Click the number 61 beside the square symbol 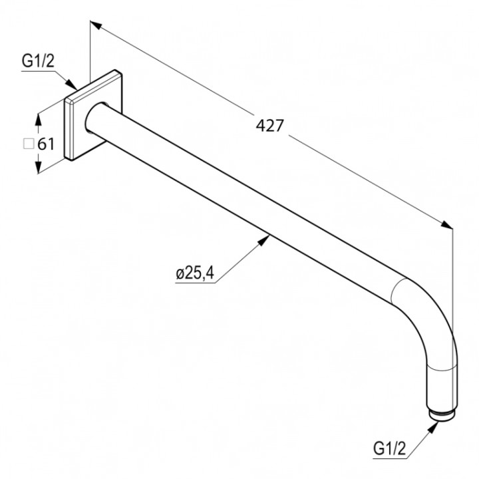pyautogui.click(x=45, y=143)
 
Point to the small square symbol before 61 pyautogui.click(x=29, y=143)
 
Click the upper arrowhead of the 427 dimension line pyautogui.click(x=95, y=25)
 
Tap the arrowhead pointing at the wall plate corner pyautogui.click(x=72, y=86)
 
